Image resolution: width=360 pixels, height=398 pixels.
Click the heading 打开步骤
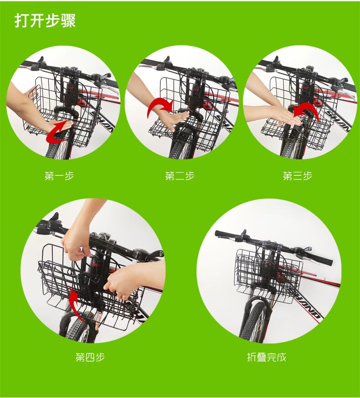pyautogui.click(x=45, y=20)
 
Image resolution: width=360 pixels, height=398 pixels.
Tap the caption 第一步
pyautogui.click(x=59, y=176)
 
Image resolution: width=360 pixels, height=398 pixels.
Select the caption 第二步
pyautogui.click(x=180, y=176)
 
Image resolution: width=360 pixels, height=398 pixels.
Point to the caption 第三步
pyautogui.click(x=298, y=176)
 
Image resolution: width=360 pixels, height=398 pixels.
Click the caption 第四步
pyautogui.click(x=90, y=357)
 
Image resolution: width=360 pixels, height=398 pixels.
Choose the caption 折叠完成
pyautogui.click(x=267, y=357)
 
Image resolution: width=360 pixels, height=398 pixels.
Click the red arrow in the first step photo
pyautogui.click(x=55, y=132)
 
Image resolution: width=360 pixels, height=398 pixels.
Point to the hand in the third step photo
pyautogui.click(x=287, y=116)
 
